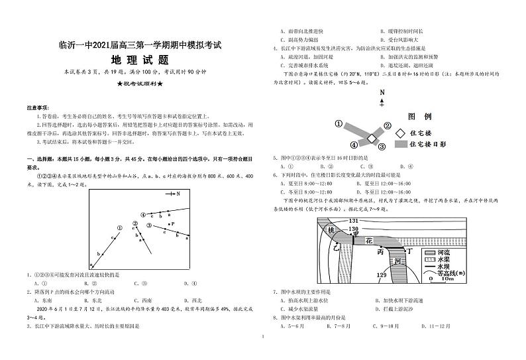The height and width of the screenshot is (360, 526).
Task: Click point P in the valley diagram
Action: [172, 224]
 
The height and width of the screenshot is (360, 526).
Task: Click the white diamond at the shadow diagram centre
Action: [372, 137]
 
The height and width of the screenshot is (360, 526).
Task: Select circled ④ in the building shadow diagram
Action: [354, 145]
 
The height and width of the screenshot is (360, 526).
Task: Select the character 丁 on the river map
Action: [409, 251]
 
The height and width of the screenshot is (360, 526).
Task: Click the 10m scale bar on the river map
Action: [441, 277]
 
